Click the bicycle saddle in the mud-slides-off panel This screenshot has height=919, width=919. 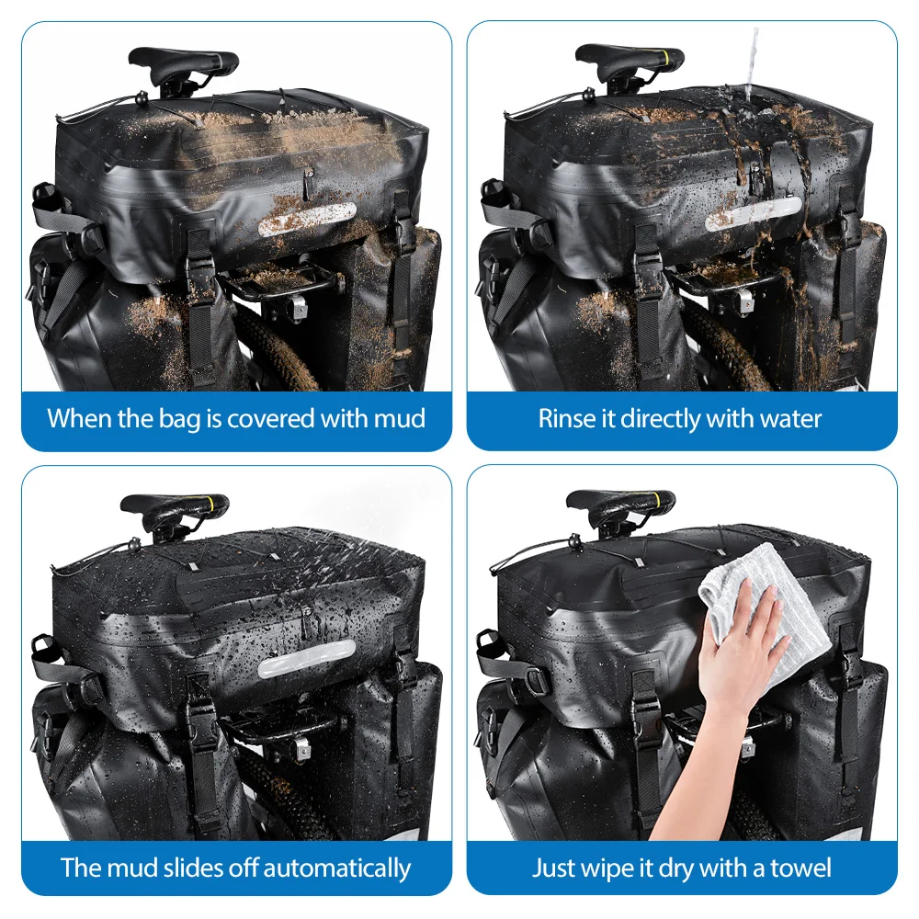[174, 510]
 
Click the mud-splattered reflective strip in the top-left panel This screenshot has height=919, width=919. [307, 220]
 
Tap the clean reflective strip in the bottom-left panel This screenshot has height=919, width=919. [307, 659]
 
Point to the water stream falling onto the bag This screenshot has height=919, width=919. [751, 62]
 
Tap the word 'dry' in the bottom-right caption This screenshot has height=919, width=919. [676, 869]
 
